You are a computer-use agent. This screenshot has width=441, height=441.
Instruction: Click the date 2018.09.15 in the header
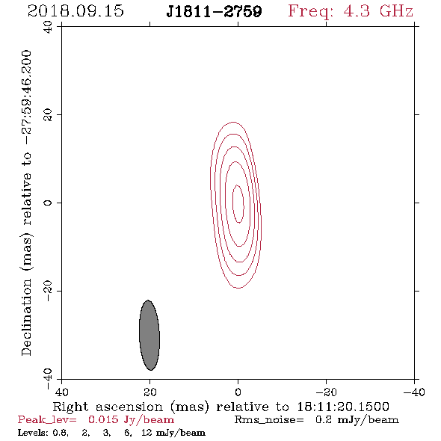coord(75,11)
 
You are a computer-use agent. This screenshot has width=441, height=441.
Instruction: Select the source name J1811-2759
coord(214,11)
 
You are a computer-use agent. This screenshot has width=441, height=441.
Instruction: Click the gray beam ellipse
coord(149,335)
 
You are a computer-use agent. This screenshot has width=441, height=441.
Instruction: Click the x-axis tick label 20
coord(150,392)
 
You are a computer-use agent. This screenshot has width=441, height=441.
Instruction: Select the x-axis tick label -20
coord(327,392)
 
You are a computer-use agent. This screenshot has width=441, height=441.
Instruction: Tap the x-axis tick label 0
coord(238,392)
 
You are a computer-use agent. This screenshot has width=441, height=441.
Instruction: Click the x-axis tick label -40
coord(414,392)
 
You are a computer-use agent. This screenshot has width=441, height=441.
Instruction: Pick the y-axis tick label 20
coord(48,115)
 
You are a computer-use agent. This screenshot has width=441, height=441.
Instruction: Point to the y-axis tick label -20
coord(48,291)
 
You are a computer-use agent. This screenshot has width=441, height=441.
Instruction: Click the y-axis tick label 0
coord(48,203)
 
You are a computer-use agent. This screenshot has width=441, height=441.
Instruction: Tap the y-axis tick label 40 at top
coord(48,27)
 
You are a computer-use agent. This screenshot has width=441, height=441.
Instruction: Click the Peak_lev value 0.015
coord(103,419)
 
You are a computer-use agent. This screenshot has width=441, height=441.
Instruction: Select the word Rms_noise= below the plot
coord(269,420)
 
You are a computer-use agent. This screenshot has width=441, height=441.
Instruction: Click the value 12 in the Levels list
coord(147,433)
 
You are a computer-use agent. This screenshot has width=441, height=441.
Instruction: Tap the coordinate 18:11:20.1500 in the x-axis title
coord(343,407)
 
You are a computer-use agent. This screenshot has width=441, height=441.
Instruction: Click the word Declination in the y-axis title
coord(26,317)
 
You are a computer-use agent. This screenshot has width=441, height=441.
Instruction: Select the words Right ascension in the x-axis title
coord(108,407)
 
